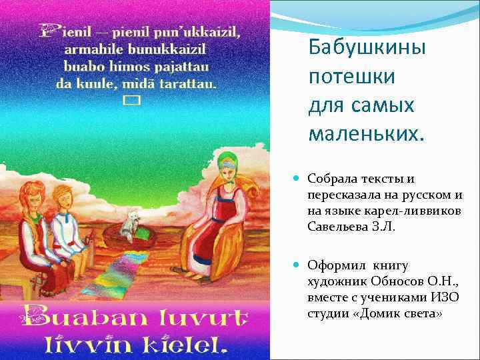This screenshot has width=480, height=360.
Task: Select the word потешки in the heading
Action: point(351,77)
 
